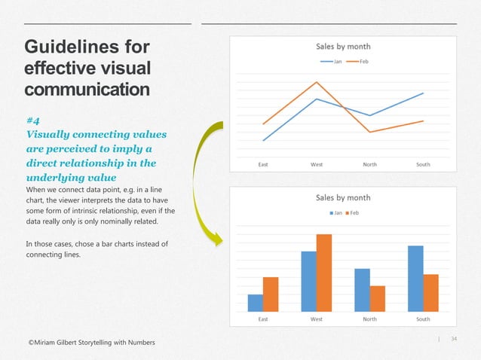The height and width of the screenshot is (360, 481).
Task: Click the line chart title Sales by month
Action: (342, 46)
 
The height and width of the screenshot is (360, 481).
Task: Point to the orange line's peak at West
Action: (317, 82)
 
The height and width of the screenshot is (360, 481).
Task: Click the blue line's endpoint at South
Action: (423, 93)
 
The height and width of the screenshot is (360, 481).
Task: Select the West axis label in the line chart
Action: (317, 163)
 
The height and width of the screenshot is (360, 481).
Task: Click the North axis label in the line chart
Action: (369, 163)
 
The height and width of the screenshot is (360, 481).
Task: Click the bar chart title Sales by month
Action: (342, 198)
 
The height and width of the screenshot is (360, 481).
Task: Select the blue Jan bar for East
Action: (256, 303)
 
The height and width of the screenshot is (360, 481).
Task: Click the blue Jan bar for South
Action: (415, 278)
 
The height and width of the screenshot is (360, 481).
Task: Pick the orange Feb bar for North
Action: (378, 298)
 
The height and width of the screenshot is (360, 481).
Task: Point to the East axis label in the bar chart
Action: (263, 319)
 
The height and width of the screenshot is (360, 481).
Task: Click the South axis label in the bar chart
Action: (423, 319)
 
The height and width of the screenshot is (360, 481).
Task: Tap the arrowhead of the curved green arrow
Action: (219, 240)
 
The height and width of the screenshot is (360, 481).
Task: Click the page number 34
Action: (454, 338)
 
